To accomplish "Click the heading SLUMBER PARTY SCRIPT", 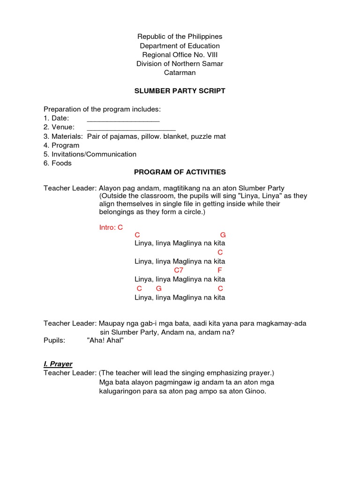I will click(180, 91).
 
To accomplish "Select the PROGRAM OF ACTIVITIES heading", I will click(180, 172).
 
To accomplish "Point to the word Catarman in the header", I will click(180, 73).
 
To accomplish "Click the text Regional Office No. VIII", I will click(180, 55).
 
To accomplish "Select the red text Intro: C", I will click(111, 227).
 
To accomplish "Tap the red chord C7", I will click(179, 270).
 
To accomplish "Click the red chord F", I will click(219, 270).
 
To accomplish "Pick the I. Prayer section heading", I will click(58, 364).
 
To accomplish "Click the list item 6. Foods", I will click(58, 163).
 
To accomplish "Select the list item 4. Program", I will click(61, 145).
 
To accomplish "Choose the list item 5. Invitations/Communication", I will click(90, 154).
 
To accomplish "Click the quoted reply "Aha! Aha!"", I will click(105, 340).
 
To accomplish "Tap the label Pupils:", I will click(54, 340).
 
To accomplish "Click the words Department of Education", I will click(180, 46).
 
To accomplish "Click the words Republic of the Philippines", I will click(180, 37).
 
